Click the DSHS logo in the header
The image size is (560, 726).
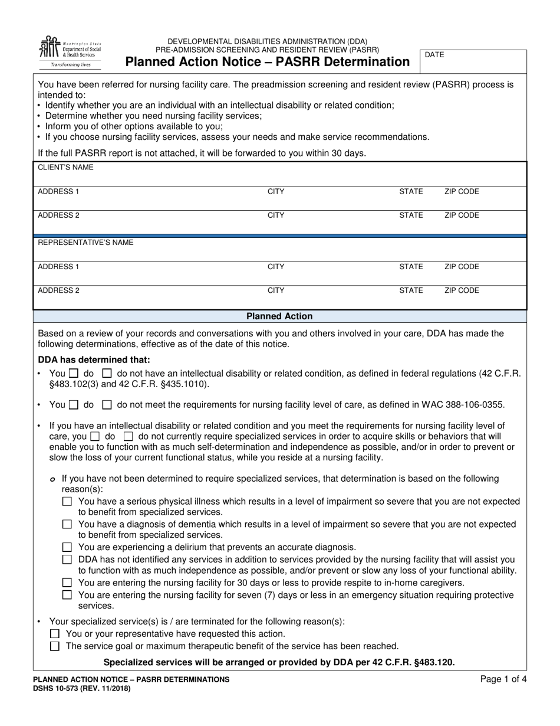click(x=70, y=51)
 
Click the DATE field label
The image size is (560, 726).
click(x=434, y=55)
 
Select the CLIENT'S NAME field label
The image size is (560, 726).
click(x=65, y=168)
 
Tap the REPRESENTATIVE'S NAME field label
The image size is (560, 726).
click(x=85, y=243)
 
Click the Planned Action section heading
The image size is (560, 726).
click(x=279, y=316)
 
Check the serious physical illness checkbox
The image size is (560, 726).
click(x=67, y=502)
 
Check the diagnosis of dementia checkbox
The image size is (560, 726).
click(x=67, y=524)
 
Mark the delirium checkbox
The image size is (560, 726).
click(x=67, y=547)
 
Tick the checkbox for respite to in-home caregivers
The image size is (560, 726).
click(x=67, y=583)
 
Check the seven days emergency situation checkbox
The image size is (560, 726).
click(x=67, y=595)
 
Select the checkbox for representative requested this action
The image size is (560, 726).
click(x=55, y=634)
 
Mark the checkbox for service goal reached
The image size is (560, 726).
click(x=55, y=646)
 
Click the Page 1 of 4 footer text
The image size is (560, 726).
click(x=503, y=679)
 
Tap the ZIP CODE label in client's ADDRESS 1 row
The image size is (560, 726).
click(x=462, y=192)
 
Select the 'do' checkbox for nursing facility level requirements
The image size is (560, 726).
click(x=74, y=405)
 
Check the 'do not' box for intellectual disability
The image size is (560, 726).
click(x=107, y=374)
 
